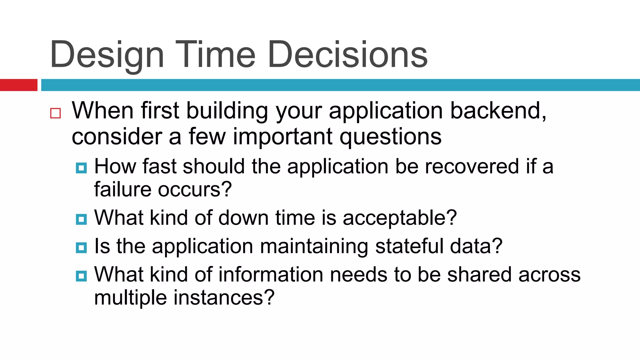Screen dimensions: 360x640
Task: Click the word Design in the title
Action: coord(107,55)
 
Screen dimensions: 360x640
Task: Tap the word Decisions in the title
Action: coord(347,55)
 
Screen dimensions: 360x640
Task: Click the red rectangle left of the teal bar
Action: coord(18,85)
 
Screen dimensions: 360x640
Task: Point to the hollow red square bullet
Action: coord(55,113)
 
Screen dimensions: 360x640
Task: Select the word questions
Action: coord(390,137)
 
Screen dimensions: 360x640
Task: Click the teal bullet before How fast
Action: coord(81,168)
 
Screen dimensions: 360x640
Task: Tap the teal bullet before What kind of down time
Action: coord(81,219)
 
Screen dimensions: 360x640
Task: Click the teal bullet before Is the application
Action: coord(81,248)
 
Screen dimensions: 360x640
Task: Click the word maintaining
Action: coord(314,246)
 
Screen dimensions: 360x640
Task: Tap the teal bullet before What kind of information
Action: coord(81,276)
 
